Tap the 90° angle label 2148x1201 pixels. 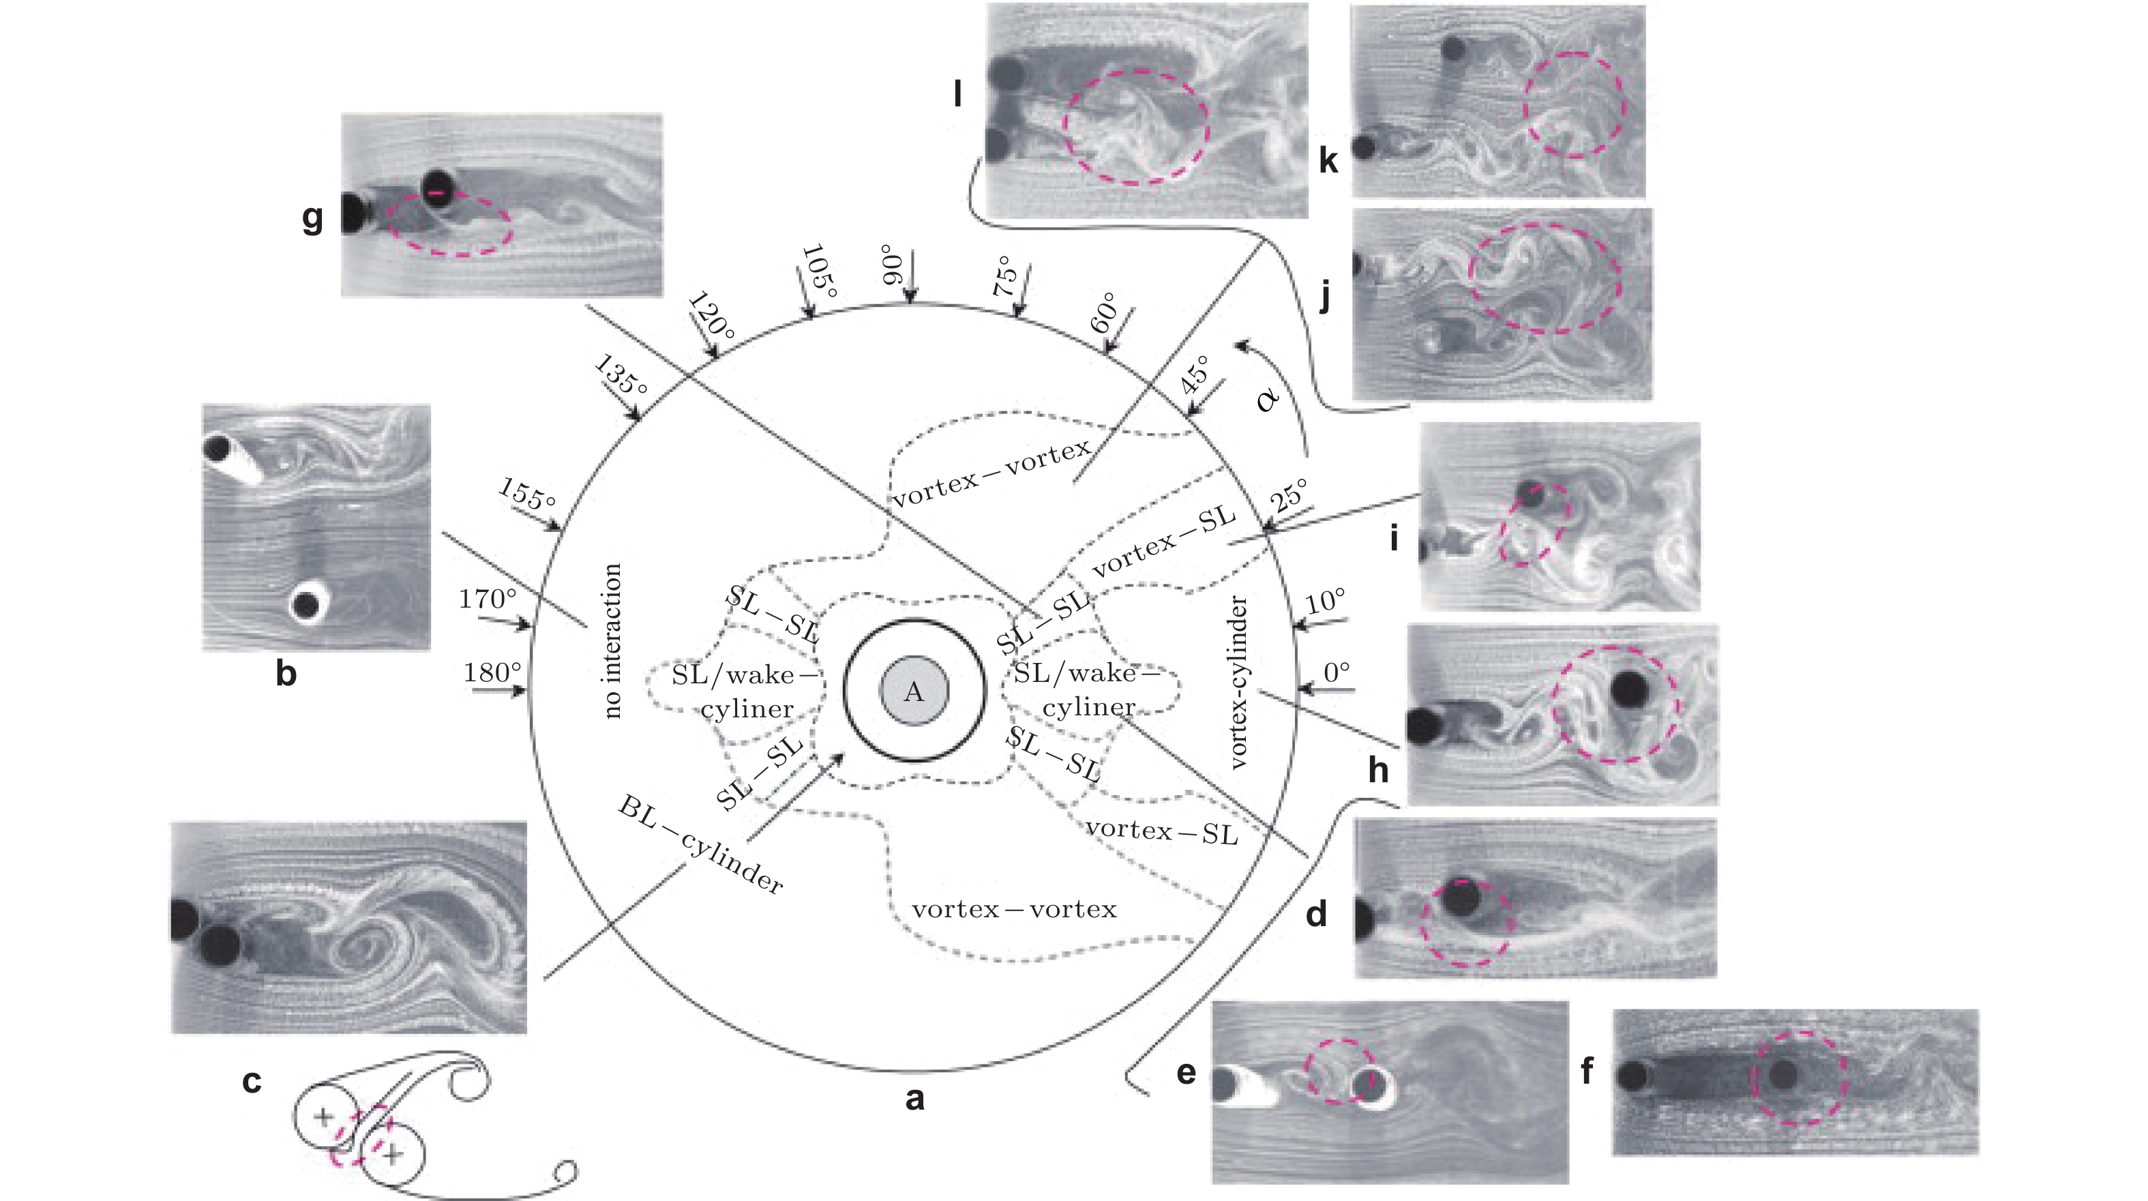point(892,265)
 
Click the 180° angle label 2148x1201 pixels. point(492,672)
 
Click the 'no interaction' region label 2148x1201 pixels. point(613,640)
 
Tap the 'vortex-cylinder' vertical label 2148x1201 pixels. point(1240,681)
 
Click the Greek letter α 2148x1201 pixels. point(1268,400)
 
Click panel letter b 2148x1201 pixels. point(286,673)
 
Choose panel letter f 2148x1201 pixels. point(1587,1070)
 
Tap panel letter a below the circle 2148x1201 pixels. point(914,1099)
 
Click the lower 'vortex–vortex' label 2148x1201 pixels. point(1014,909)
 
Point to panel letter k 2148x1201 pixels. point(1328,160)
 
